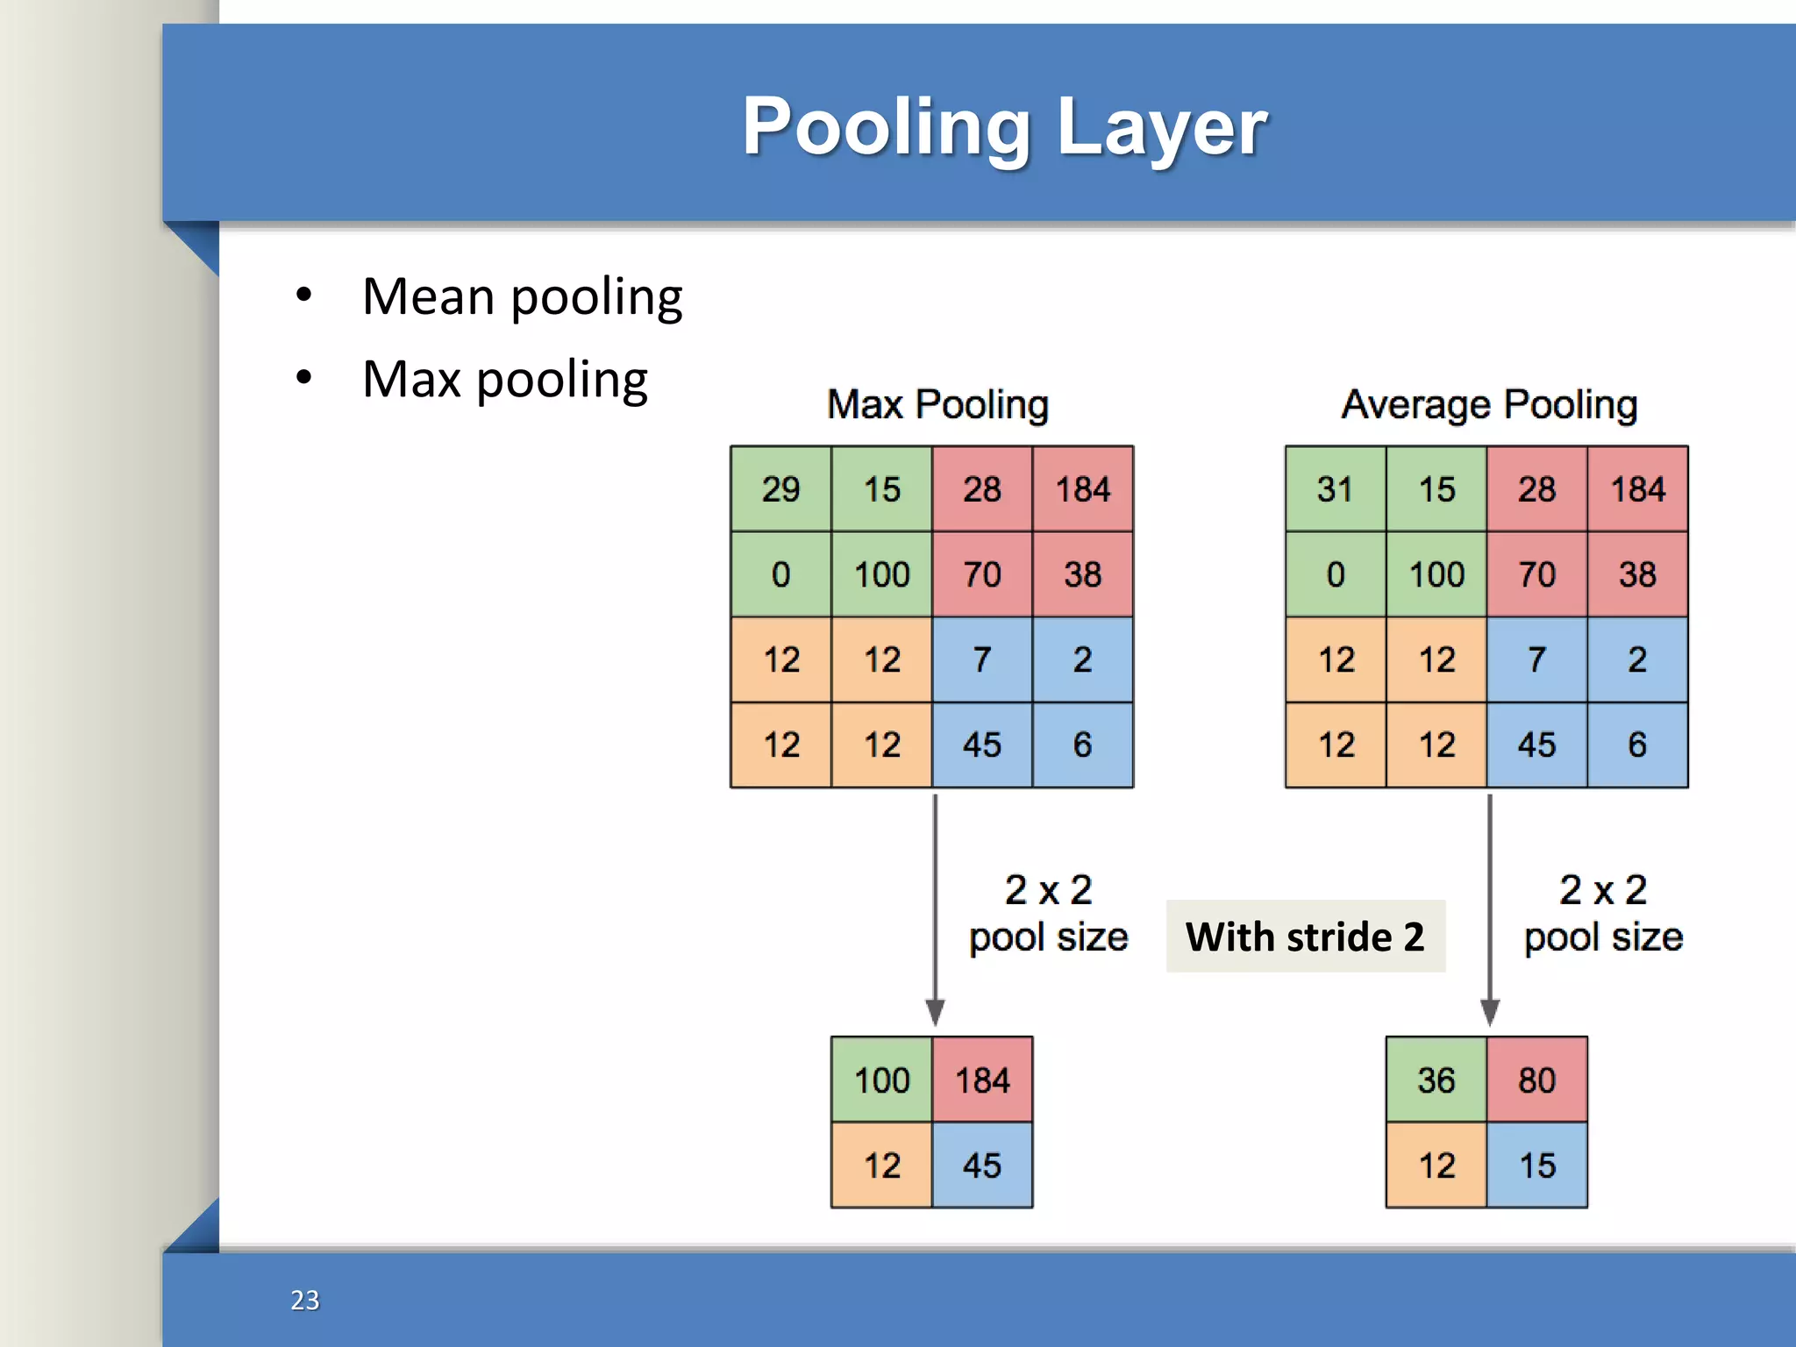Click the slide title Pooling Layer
pos(1004,127)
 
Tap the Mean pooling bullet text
pos(522,297)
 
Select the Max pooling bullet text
pos(504,380)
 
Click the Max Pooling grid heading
pos(937,404)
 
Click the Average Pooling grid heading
pos(1489,404)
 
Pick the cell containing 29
pos(780,489)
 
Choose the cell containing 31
pos(1335,489)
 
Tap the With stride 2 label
pos(1305,937)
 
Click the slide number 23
pos(305,1300)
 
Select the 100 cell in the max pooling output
pos(881,1080)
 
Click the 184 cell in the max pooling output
pos(982,1080)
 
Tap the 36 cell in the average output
pos(1436,1080)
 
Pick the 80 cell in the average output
pos(1536,1080)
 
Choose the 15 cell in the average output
pos(1536,1165)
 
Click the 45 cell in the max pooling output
pos(982,1165)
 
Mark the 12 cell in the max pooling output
pos(881,1165)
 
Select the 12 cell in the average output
pos(1436,1165)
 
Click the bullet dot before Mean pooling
pos(303,296)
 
